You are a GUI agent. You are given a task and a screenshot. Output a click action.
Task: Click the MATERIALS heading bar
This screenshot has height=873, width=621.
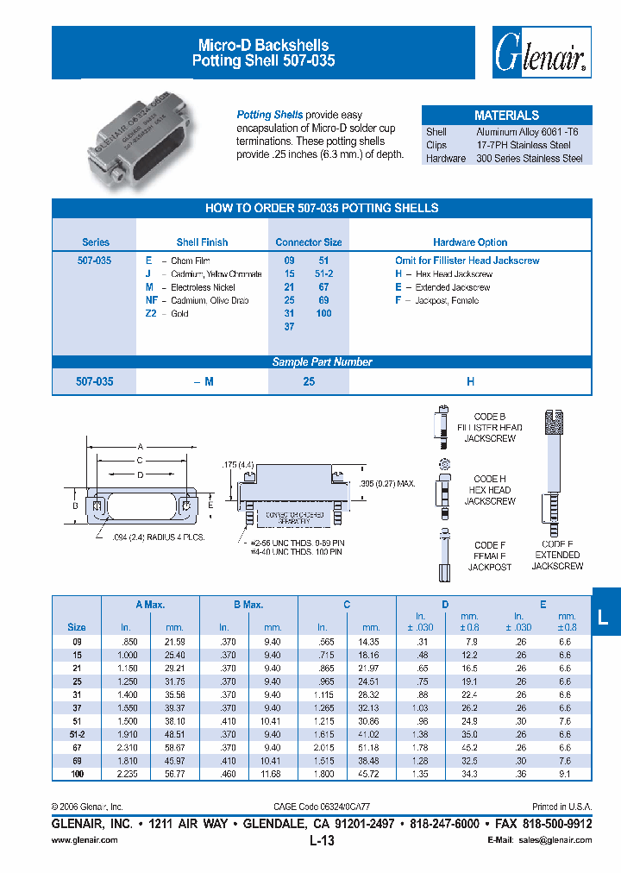click(x=506, y=115)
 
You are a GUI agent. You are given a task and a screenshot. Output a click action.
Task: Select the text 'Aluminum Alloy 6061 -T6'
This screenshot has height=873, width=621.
click(x=529, y=132)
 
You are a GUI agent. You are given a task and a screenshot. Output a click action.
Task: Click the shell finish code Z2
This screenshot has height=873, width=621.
click(x=151, y=314)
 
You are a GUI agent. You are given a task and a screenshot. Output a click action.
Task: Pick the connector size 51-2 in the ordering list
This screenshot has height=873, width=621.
click(x=325, y=273)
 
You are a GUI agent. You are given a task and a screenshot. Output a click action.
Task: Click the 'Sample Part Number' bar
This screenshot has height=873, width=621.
click(x=322, y=362)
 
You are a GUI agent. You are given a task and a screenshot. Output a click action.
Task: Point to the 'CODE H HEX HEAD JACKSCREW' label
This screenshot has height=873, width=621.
click(x=491, y=490)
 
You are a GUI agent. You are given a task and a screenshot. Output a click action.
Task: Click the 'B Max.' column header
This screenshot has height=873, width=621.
click(x=248, y=605)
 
